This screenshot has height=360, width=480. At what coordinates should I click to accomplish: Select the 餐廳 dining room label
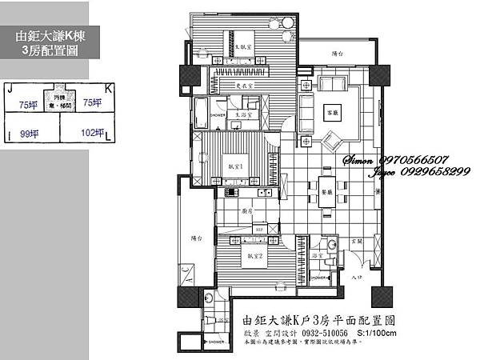(326, 193)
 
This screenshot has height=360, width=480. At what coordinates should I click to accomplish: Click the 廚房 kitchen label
(248, 211)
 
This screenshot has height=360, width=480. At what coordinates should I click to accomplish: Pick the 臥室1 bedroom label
(236, 164)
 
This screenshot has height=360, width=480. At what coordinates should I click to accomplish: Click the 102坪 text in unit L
(93, 134)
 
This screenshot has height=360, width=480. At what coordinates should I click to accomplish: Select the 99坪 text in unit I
(30, 134)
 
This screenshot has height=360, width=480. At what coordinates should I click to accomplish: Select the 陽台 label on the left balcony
(196, 238)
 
